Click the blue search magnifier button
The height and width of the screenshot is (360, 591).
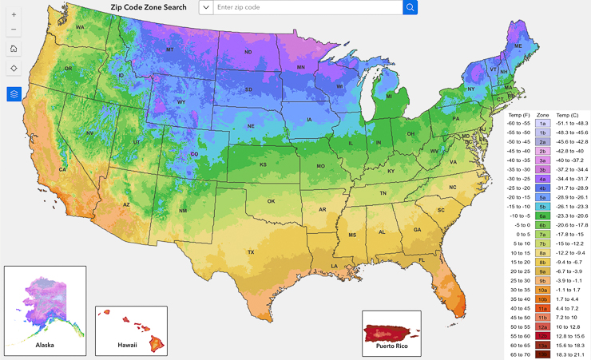tap(410, 7)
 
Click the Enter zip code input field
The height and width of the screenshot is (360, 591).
tap(307, 7)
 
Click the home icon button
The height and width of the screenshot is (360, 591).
tap(14, 49)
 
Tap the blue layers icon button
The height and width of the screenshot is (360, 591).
tap(14, 94)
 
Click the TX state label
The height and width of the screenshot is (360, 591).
tap(250, 252)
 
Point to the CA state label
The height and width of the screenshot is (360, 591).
tap(63, 169)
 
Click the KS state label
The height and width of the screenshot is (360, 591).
tap(262, 164)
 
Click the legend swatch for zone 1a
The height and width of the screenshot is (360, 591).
tap(541, 125)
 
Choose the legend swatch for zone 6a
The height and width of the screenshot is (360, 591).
tap(541, 216)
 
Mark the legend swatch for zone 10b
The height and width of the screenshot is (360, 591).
tap(541, 298)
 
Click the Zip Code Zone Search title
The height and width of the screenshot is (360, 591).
tap(144, 7)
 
